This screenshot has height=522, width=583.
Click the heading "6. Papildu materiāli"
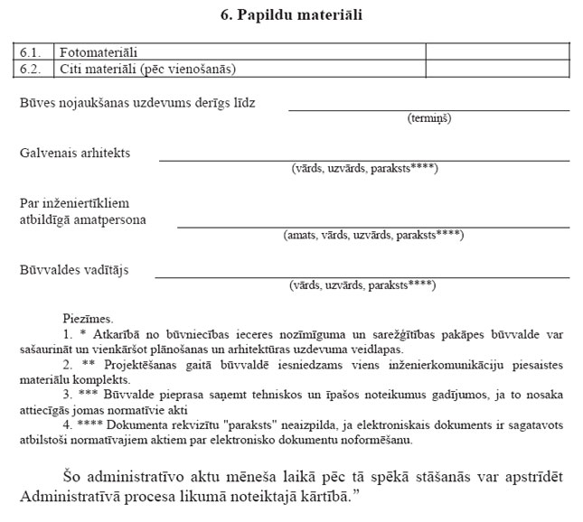coord(292,14)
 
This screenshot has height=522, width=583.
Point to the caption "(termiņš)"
coord(429,118)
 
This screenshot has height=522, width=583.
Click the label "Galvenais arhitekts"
coord(75,153)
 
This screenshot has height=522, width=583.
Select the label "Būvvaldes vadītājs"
coord(73,269)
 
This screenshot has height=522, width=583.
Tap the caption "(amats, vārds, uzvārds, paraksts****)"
coord(373,235)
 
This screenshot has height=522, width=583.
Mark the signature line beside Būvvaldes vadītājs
coord(362,276)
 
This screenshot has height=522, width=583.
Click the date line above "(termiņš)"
coord(428,109)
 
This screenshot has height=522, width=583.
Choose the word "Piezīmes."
coord(89,318)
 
